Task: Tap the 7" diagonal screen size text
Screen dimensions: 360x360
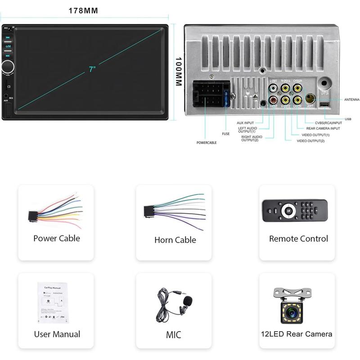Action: coord(92,69)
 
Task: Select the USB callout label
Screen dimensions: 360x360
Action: coord(347,119)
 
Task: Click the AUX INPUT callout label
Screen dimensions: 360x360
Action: coord(245,123)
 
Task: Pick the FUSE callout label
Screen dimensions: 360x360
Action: coord(226,133)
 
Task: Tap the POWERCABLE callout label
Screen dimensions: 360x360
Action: coord(207,143)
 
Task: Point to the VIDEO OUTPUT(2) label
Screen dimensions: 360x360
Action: coord(310,141)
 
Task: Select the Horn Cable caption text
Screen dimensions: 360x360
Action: coord(175,240)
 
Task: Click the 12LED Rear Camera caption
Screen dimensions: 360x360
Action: coord(297,334)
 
